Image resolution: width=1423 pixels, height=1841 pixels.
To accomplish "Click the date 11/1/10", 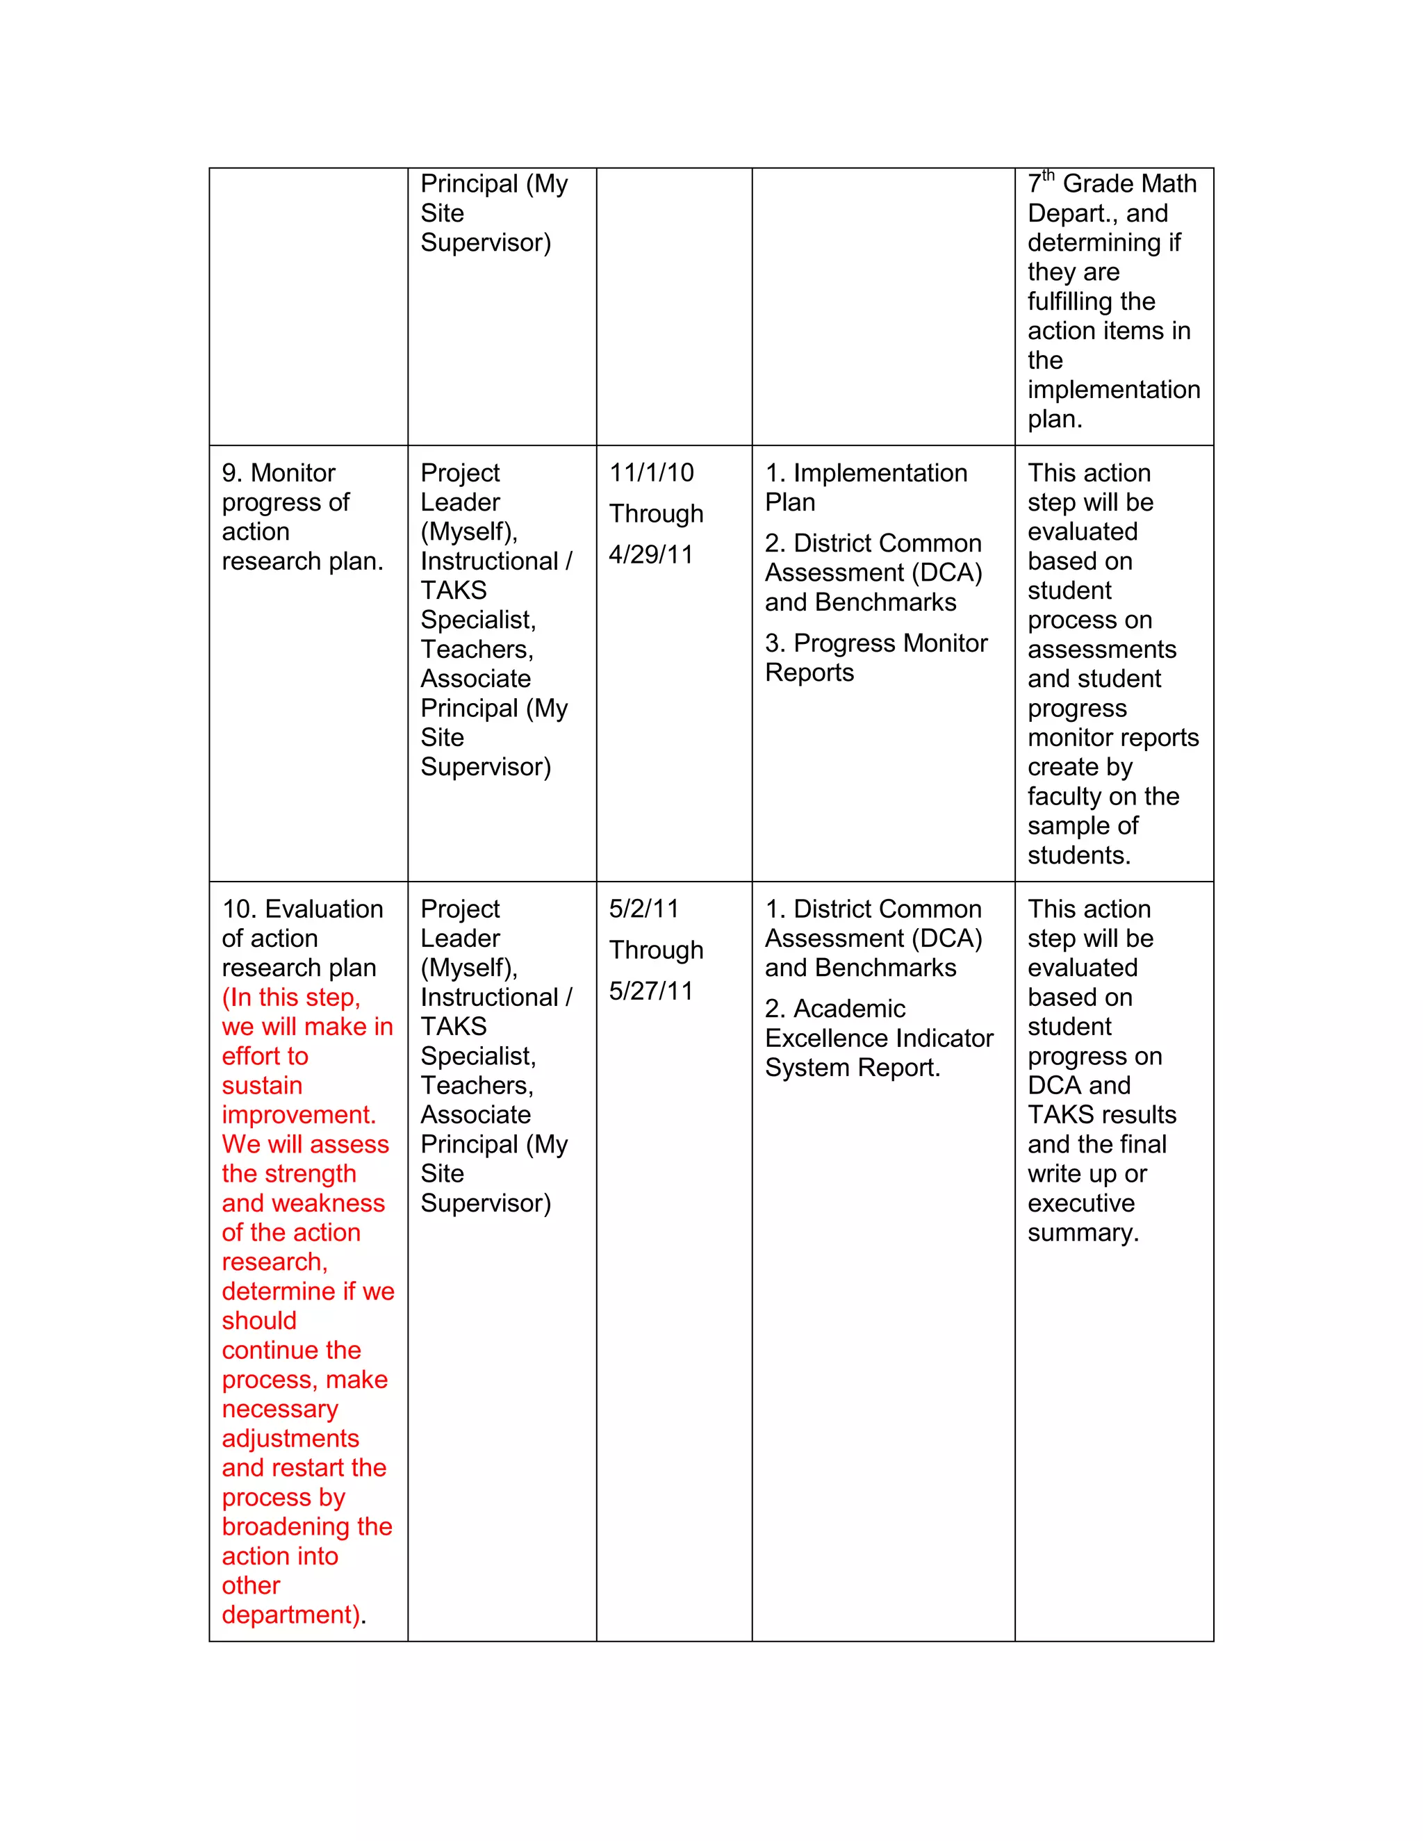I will coord(651,473).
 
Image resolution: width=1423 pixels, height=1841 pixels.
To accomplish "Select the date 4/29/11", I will coord(651,554).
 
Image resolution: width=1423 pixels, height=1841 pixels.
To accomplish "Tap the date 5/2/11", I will coord(643,909).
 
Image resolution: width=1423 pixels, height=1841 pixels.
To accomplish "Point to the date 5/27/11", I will coord(651,991).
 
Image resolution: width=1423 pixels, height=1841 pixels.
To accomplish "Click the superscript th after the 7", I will coord(1048,175).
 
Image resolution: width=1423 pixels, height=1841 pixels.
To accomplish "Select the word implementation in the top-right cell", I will coord(1113,390).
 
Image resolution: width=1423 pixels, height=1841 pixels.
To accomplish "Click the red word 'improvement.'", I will coord(298,1115).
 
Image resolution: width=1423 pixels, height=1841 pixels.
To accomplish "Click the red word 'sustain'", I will coord(261,1086).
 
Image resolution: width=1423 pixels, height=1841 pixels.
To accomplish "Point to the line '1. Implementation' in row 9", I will coord(866,473).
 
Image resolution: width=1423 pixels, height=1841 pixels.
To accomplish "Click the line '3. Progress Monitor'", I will coord(876,643).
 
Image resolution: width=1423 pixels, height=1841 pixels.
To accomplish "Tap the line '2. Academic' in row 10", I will coord(834,1009).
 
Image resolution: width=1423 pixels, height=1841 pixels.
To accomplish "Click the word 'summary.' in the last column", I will coord(1083,1233).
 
